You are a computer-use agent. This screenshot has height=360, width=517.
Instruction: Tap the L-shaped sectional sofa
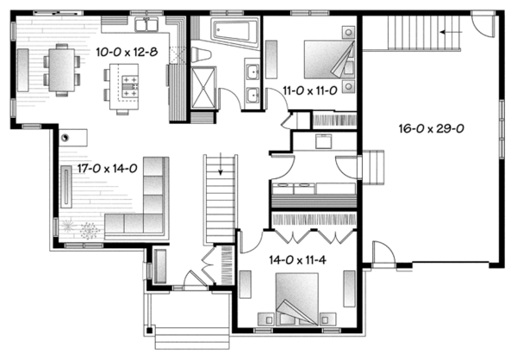[x=146, y=202]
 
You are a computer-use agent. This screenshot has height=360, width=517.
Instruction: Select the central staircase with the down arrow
[x=221, y=199]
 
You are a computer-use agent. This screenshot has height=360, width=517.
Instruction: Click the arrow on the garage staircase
[x=447, y=31]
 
